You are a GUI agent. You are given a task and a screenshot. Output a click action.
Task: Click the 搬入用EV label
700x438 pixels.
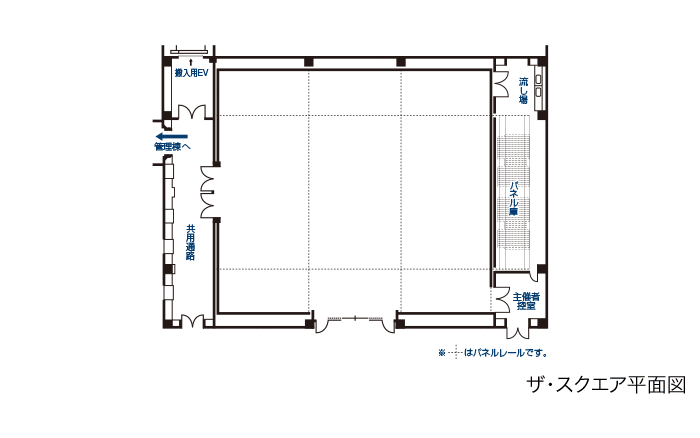click(190, 73)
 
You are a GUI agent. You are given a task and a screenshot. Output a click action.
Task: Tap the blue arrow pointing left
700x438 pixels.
click(171, 135)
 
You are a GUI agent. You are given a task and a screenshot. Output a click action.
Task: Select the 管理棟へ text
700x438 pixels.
click(172, 147)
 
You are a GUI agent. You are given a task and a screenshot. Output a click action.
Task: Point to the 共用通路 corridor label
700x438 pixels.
click(190, 242)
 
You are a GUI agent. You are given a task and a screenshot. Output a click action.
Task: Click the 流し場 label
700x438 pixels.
click(523, 91)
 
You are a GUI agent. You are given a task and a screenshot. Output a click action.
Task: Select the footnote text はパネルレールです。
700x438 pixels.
click(507, 352)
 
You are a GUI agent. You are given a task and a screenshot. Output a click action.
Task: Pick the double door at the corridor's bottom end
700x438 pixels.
click(191, 321)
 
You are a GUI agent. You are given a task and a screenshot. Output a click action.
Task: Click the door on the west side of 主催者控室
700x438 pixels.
click(500, 299)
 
